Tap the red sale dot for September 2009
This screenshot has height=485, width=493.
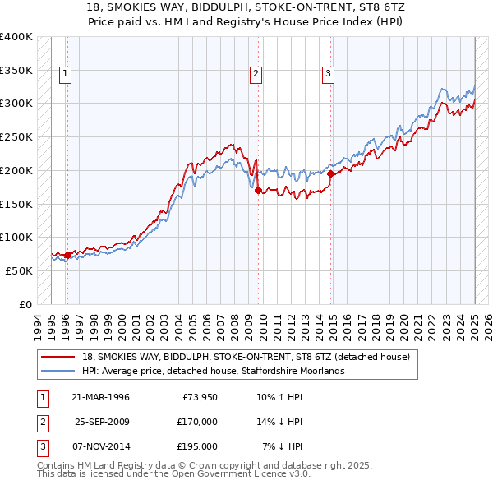point(258,190)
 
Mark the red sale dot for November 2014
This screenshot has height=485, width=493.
point(330,173)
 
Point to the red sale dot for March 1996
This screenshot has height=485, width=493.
point(67,255)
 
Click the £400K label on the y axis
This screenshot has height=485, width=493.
point(16,37)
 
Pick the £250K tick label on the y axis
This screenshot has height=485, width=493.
point(16,137)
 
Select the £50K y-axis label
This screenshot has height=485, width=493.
point(19,270)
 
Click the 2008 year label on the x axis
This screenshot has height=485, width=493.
point(235,326)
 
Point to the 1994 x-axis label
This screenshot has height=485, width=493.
point(38,326)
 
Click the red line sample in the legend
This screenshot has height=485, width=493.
point(57,357)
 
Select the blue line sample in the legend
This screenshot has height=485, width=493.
point(57,371)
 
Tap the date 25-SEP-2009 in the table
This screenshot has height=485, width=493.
point(103,422)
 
